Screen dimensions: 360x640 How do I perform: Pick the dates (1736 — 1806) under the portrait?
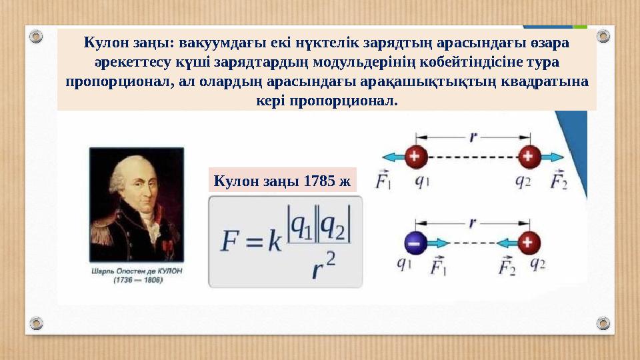tap(136, 281)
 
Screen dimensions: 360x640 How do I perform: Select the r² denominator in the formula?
tap(321, 265)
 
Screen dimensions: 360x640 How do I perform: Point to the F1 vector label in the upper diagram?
tap(385, 181)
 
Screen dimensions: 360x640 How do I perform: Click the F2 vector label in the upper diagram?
tap(558, 181)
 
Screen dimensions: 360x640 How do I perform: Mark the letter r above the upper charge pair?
tap(473, 137)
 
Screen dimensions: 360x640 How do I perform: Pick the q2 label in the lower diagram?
tap(537, 265)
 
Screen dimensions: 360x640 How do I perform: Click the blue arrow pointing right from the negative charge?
tap(440, 244)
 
